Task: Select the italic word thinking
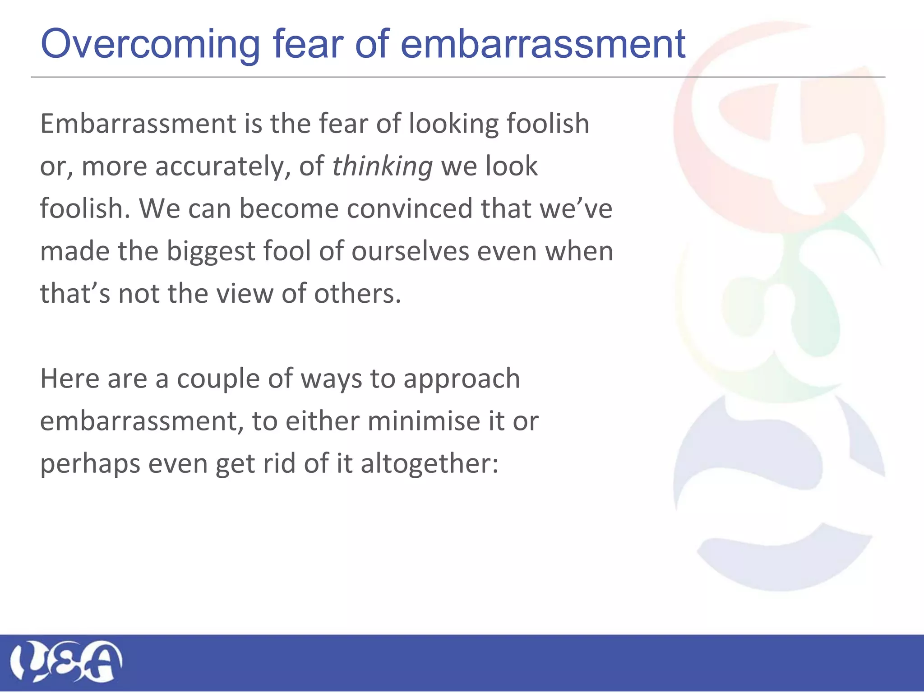point(383,166)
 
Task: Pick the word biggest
point(211,251)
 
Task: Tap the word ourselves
point(410,251)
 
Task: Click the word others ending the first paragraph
point(357,294)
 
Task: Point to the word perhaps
point(90,464)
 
